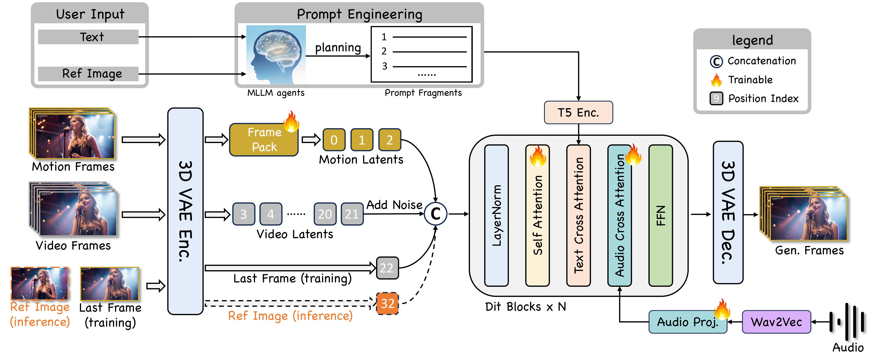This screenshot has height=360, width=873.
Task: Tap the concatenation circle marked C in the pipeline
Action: pyautogui.click(x=436, y=214)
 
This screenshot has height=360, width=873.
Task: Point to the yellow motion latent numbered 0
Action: pyautogui.click(x=334, y=140)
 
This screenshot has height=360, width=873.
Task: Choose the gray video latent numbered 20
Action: pyautogui.click(x=325, y=214)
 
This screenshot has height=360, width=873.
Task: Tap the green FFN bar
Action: pyautogui.click(x=660, y=216)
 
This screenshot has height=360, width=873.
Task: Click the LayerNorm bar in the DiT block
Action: pyautogui.click(x=496, y=216)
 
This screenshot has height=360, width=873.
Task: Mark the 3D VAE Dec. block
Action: pyautogui.click(x=728, y=212)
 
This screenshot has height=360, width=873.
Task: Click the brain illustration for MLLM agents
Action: pyautogui.click(x=276, y=54)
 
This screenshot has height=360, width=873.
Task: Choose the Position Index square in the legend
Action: pyautogui.click(x=716, y=99)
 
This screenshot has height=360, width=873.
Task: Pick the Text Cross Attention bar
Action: pyautogui.click(x=578, y=216)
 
